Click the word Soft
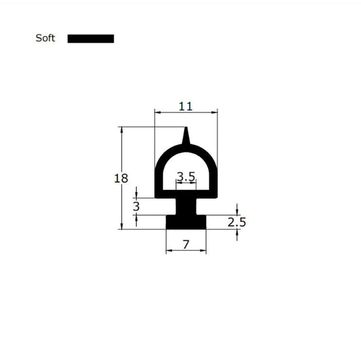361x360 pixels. pyautogui.click(x=45, y=39)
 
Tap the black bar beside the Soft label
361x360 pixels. pyautogui.click(x=91, y=39)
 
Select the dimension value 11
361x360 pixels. pyautogui.click(x=186, y=106)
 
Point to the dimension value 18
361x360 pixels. pyautogui.click(x=121, y=179)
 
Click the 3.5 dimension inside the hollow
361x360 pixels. pyautogui.click(x=186, y=177)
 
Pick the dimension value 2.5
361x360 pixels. pyautogui.click(x=236, y=222)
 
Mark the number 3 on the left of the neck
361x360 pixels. pyautogui.click(x=136, y=205)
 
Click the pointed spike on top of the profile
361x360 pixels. pyautogui.click(x=186, y=136)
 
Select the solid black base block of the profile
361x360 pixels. pyautogui.click(x=186, y=222)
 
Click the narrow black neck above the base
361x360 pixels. pyautogui.click(x=186, y=205)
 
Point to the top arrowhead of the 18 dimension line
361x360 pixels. pyautogui.click(x=122, y=129)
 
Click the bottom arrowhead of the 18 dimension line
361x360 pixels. pyautogui.click(x=122, y=226)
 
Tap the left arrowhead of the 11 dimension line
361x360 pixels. pyautogui.click(x=158, y=112)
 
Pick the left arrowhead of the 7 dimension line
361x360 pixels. pyautogui.click(x=169, y=251)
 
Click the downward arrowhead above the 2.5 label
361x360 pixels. pyautogui.click(x=237, y=212)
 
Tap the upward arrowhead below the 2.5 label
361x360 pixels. pyautogui.click(x=237, y=233)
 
